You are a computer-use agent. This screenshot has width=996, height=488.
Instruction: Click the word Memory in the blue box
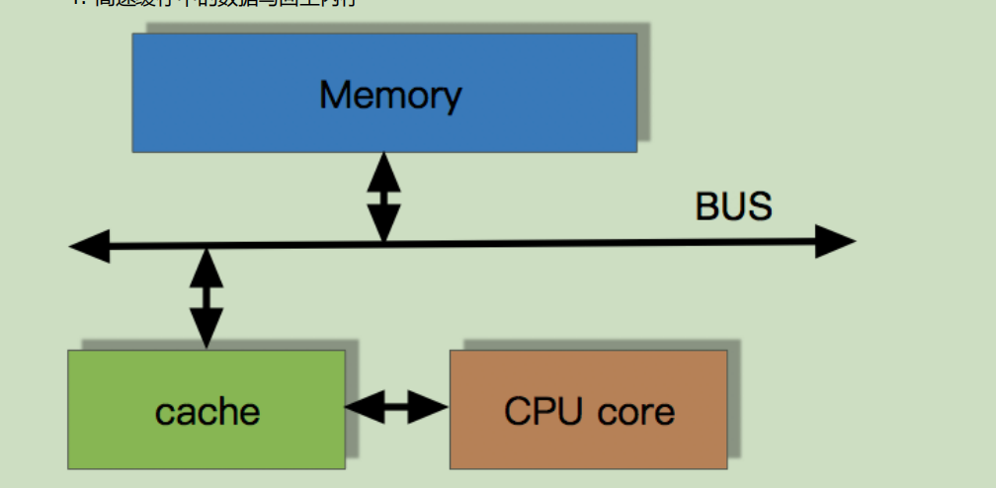390,96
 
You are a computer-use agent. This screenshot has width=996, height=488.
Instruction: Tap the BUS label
733,207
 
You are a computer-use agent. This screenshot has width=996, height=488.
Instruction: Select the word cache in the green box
207,411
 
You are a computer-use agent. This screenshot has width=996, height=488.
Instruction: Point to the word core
632,412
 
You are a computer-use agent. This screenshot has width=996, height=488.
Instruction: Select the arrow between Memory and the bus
383,198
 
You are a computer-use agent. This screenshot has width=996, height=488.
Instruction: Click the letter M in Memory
336,95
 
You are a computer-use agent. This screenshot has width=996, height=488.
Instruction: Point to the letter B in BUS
708,207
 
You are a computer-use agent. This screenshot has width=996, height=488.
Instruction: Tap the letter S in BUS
759,207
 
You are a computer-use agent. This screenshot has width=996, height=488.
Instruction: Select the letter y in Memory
450,100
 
